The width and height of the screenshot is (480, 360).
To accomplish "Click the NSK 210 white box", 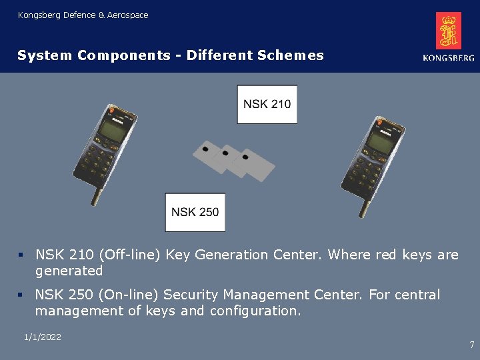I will click(267, 104).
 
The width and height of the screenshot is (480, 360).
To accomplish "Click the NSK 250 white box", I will click(195, 212).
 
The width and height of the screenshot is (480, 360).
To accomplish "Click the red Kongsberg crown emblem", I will click(449, 31).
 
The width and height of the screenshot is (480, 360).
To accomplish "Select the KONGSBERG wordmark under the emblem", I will click(449, 58).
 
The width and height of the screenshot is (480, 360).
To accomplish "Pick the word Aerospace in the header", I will click(128, 15).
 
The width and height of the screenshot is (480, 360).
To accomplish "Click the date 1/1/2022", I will click(42, 337).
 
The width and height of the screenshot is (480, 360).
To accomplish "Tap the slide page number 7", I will click(472, 345).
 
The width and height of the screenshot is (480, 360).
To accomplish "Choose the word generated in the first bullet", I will click(69, 271).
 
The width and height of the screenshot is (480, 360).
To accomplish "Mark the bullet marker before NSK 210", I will click(21, 255).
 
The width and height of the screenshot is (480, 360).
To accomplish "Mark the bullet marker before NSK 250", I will click(21, 295).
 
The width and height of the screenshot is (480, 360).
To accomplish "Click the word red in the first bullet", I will click(387, 255).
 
